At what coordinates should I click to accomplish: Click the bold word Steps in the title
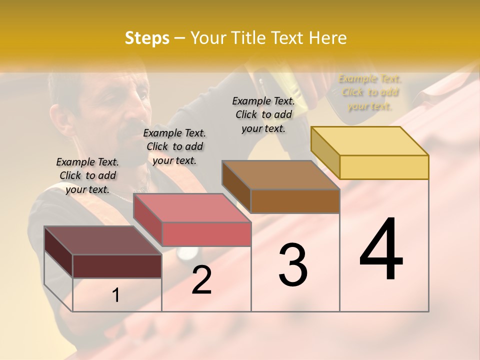147,38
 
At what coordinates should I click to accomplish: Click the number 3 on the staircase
293,265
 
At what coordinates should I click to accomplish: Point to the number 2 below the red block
201,280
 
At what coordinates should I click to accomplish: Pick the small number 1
116,295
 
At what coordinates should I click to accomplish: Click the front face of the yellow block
384,167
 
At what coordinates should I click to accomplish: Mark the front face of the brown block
295,201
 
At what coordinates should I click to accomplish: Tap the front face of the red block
206,234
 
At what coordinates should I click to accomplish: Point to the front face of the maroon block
117,266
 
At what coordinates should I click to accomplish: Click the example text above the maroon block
87,175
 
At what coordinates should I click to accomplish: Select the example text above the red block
174,146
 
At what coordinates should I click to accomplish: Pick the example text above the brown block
263,114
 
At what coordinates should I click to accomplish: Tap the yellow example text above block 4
370,92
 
